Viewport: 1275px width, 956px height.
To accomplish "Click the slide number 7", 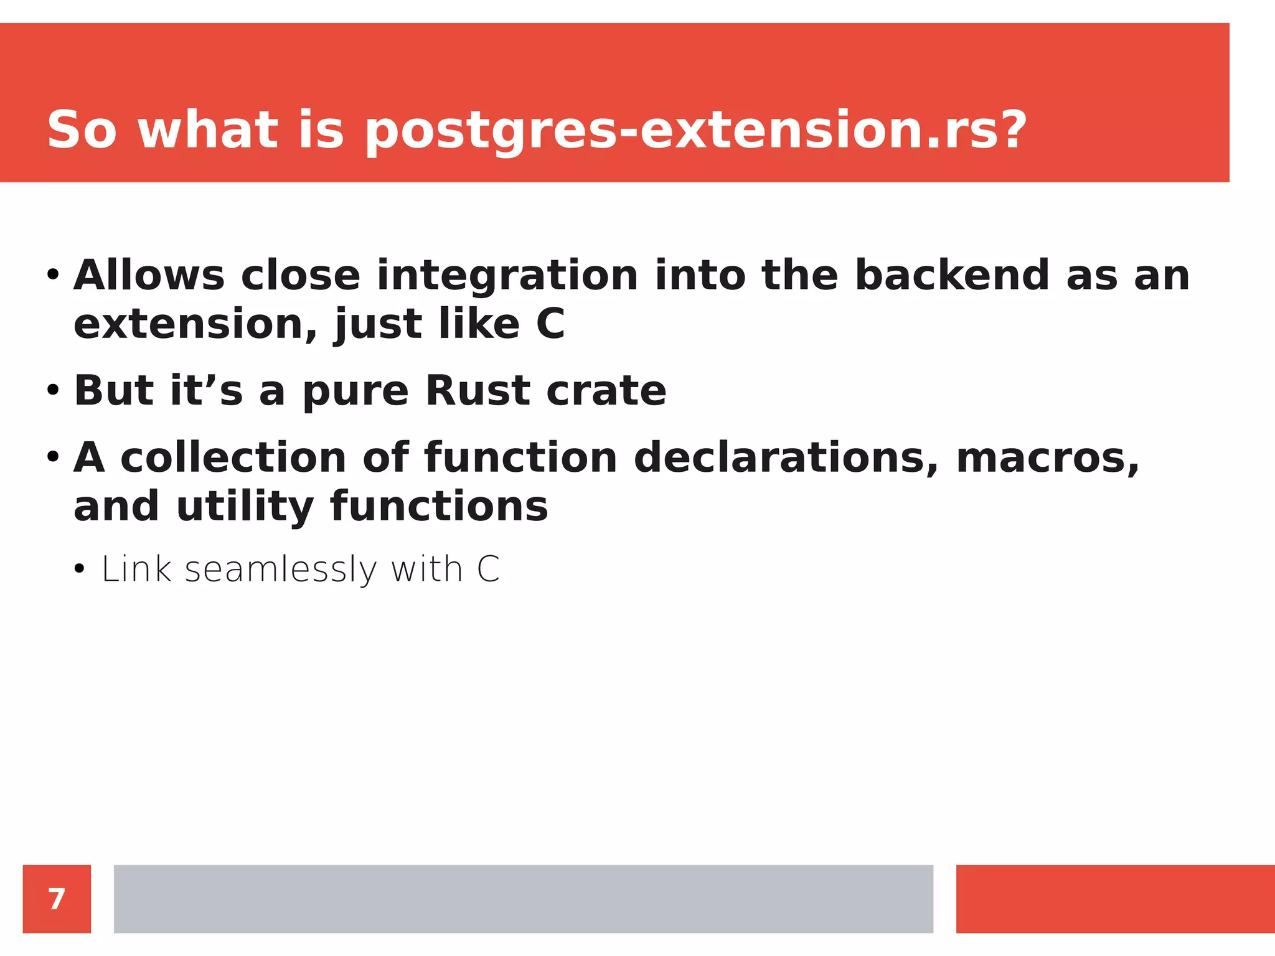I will click(x=57, y=899).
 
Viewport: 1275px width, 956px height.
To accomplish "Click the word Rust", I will click(x=478, y=390).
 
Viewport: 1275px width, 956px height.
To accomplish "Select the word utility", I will click(x=245, y=507).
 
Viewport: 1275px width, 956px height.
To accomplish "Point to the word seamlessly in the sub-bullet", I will click(x=281, y=570).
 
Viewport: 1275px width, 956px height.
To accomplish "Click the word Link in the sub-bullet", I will click(x=136, y=569).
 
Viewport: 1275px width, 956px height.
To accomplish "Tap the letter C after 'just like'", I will click(x=550, y=324).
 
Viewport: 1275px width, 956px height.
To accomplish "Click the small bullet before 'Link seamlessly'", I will click(x=79, y=569).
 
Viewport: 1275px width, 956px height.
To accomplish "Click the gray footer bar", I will click(x=523, y=899).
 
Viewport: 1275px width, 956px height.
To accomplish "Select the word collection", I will click(x=233, y=458).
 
